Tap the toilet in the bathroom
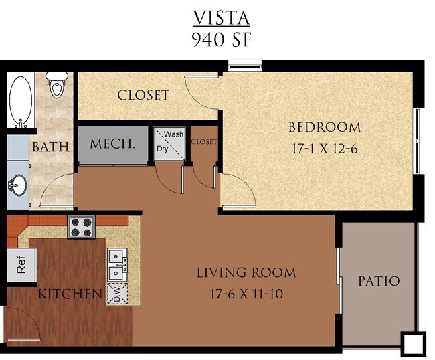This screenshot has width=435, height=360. pos(56,86)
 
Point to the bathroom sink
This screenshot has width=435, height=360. pos(18,184)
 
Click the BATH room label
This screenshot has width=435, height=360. pos(51,146)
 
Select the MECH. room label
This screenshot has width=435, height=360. pos(112,143)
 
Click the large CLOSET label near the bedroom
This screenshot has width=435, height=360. pos(143,95)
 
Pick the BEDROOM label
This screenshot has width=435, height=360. pos(325,127)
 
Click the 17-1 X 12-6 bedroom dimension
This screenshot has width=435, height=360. pos(325,149)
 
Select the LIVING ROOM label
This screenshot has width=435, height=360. pos(246,272)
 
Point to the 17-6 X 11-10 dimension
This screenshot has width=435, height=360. pos(246,293)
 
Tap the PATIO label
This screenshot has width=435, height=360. pos(378,281)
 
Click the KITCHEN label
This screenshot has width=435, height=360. pos(70,294)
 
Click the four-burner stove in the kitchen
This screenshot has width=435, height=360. pos(82,226)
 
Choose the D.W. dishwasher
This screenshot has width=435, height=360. pos(117,294)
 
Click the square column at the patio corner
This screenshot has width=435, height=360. pos(413,343)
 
